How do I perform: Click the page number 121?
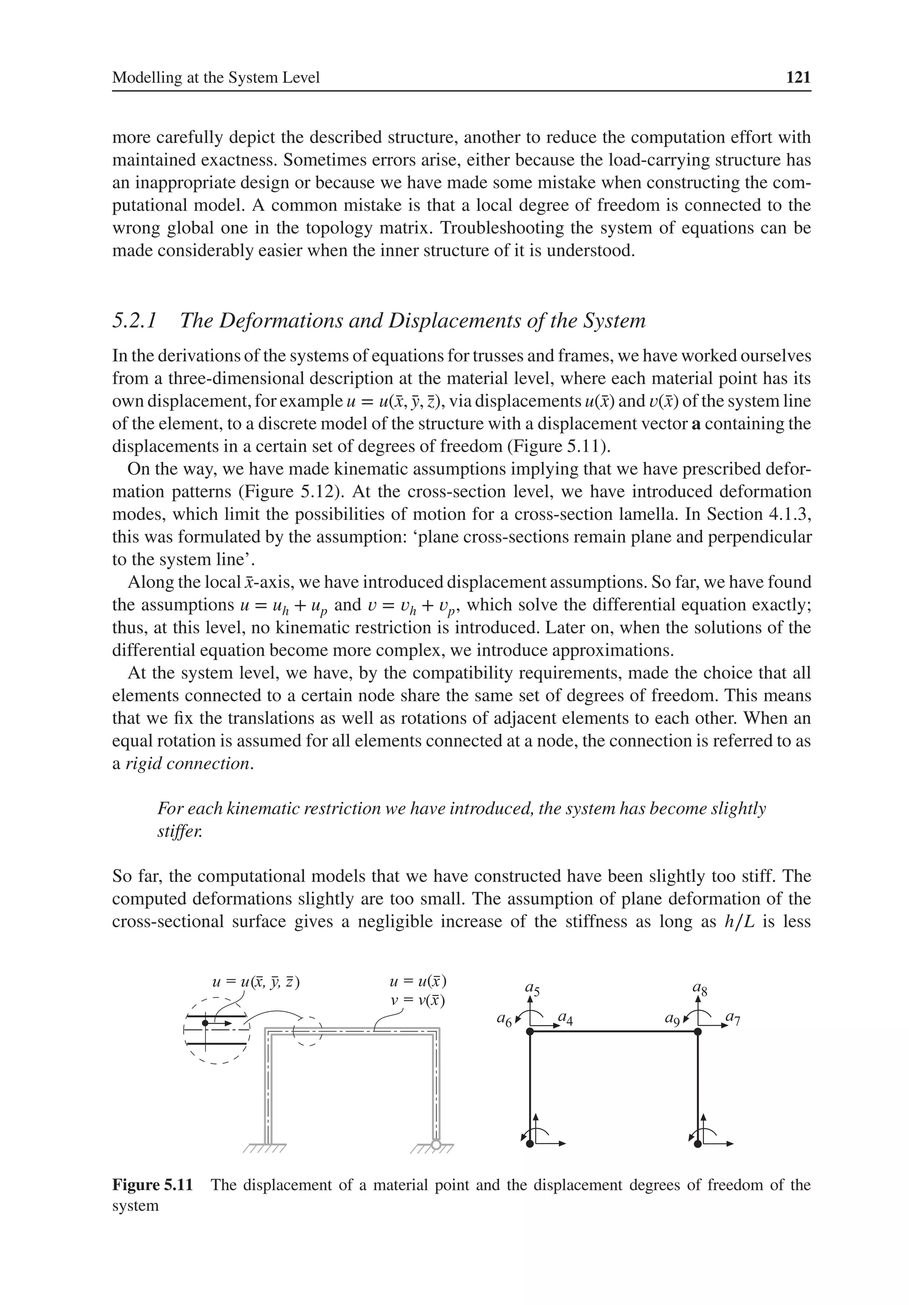click(798, 77)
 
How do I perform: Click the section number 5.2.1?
click(134, 321)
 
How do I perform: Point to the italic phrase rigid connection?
click(188, 764)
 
